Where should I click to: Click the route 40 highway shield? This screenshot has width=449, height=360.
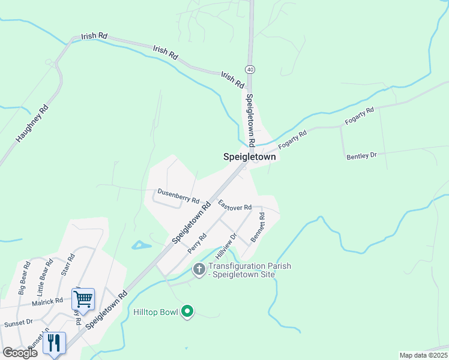coord(250,70)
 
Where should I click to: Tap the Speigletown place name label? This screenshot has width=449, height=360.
coord(250,157)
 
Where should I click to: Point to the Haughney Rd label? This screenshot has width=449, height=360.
coord(32,124)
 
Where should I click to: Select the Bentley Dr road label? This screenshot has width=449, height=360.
coord(361,155)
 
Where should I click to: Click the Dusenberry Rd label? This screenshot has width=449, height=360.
coord(178,196)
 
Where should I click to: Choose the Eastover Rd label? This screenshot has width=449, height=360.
coord(235,206)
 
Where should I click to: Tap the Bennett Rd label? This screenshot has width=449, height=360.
coord(257,227)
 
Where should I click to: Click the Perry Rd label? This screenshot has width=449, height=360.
coord(197,242)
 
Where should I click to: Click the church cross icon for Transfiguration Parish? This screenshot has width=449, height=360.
coord(199,271)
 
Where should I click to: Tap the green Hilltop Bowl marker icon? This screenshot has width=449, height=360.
coord(187,311)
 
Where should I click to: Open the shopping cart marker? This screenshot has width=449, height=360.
coord(83,298)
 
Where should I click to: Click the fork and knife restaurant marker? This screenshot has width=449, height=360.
coord(54,343)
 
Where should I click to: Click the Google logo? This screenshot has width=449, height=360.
coord(20,353)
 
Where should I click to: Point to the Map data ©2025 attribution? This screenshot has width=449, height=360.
coord(424,355)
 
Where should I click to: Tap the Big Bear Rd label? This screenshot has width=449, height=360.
coord(24,278)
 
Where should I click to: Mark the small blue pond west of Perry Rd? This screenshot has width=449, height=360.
coord(141,245)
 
